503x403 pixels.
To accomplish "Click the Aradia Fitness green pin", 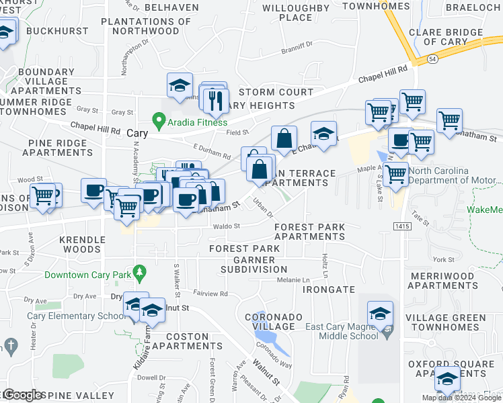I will [x=159, y=122].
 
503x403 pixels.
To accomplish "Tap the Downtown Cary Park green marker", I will [x=140, y=273].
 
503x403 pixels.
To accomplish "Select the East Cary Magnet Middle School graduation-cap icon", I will [x=380, y=314].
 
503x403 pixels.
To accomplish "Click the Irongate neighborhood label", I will [x=328, y=289].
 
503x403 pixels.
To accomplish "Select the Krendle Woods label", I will [x=79, y=244].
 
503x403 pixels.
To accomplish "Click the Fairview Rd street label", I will [x=211, y=294].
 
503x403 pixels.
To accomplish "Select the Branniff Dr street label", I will [x=297, y=46].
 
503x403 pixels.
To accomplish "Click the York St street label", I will [x=444, y=259].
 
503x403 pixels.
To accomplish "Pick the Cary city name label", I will [x=137, y=134].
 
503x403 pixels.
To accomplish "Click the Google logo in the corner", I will [x=23, y=395].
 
